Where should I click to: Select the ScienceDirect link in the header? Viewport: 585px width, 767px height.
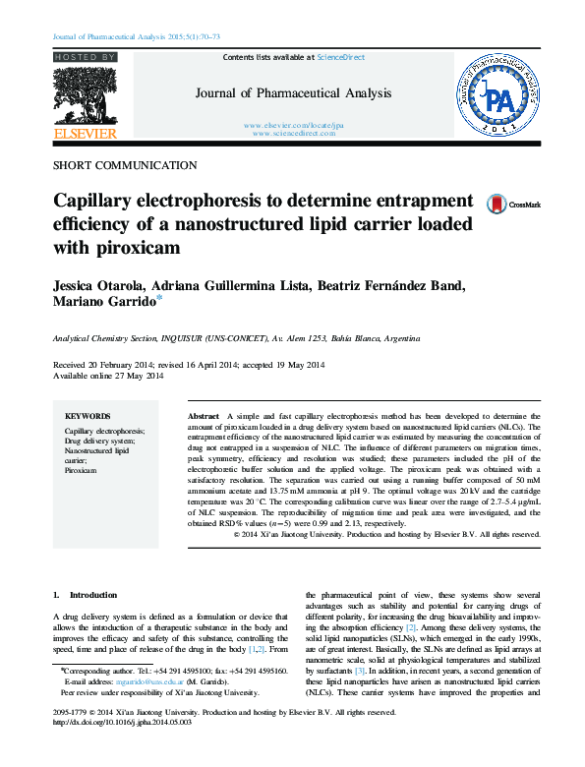340,58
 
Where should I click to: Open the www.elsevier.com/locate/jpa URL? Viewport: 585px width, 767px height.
293,125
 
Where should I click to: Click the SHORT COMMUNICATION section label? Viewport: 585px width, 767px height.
124,166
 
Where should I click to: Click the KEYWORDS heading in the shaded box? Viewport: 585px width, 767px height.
88,417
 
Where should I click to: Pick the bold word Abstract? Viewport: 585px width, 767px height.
204,417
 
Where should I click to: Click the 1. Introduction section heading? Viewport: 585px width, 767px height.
84,595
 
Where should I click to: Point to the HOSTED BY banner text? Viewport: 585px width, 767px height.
85,58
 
